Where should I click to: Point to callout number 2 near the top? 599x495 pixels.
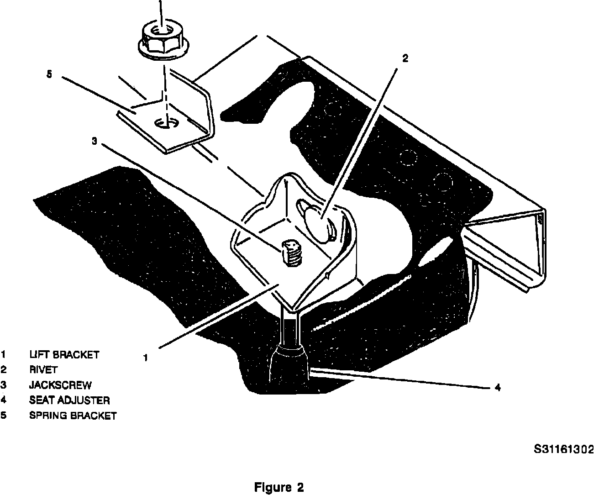pyautogui.click(x=405, y=58)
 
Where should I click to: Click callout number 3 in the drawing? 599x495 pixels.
pyautogui.click(x=94, y=142)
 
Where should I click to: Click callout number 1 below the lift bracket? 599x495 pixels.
pyautogui.click(x=145, y=358)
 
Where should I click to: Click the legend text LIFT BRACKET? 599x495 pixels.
pyautogui.click(x=64, y=354)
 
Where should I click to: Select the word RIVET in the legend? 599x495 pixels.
pyautogui.click(x=43, y=369)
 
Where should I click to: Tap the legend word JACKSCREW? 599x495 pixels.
pyautogui.click(x=60, y=385)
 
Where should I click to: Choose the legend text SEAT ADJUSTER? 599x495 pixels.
pyautogui.click(x=69, y=400)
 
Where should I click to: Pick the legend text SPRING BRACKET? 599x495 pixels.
pyautogui.click(x=73, y=416)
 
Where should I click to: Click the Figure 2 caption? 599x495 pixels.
pyautogui.click(x=278, y=487)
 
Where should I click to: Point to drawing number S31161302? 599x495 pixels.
pyautogui.click(x=564, y=449)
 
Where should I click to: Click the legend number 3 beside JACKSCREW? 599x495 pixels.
pyautogui.click(x=3, y=385)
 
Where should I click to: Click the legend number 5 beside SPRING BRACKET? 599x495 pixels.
pyautogui.click(x=3, y=416)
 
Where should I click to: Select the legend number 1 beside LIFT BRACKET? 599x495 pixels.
pyautogui.click(x=3, y=354)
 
